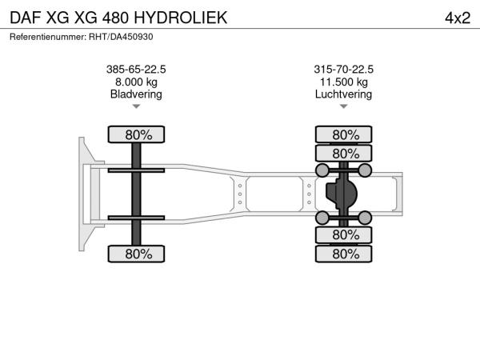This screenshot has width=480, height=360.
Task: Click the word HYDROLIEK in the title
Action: (x=180, y=18)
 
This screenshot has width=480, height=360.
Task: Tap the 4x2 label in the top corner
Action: (x=458, y=18)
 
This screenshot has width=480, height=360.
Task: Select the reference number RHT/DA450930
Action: (x=121, y=37)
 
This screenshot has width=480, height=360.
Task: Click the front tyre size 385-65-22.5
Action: (x=136, y=69)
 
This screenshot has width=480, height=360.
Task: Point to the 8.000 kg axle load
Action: (x=136, y=82)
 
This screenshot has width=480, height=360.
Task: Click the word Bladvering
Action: (x=136, y=94)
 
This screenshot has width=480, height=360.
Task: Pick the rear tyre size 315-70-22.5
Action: (x=343, y=69)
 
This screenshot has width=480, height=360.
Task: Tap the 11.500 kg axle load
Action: (x=344, y=82)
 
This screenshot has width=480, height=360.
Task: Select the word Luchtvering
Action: (x=343, y=94)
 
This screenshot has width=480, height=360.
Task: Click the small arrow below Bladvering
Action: (x=136, y=106)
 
